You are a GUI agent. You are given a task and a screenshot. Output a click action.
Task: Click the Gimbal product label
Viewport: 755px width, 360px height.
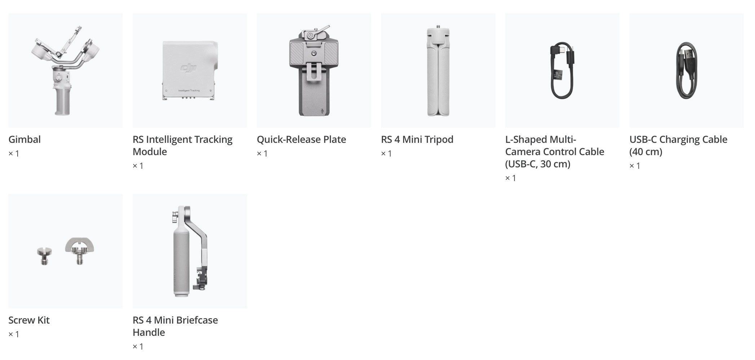point(25,140)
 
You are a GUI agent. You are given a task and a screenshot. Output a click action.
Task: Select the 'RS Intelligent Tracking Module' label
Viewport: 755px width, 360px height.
point(182,145)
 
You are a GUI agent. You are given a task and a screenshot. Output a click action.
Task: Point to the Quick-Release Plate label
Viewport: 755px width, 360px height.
point(301,140)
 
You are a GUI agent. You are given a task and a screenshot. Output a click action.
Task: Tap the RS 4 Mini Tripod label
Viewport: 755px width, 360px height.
point(417,140)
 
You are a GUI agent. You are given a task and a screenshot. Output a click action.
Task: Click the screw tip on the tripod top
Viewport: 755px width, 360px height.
point(438,27)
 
